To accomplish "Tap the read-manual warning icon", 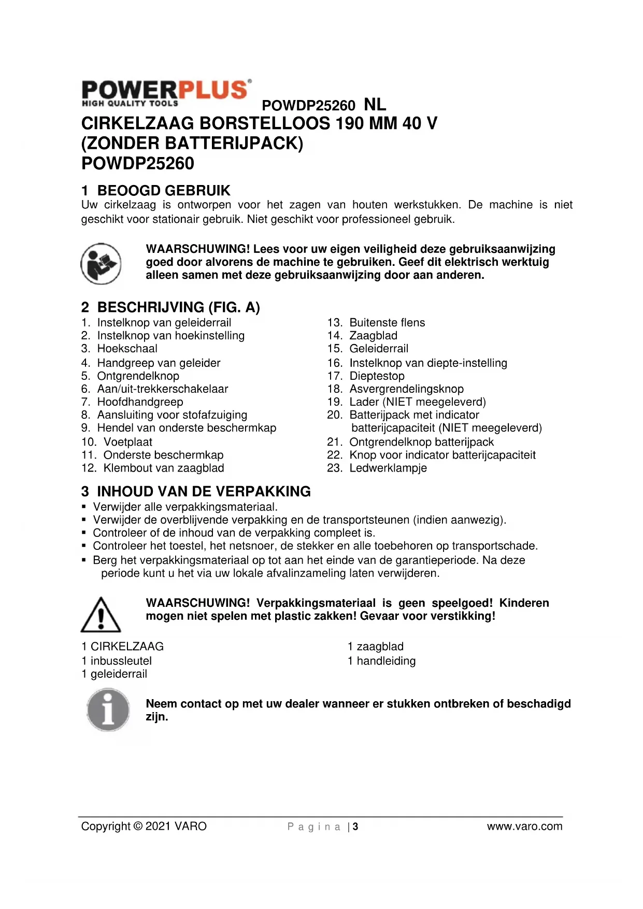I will pos(101,263).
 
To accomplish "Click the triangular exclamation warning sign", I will pos(101,615).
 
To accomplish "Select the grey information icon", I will pos(108,709).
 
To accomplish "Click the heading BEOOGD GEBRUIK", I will pos(163,190).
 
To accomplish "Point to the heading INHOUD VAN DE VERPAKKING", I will pos(204,491).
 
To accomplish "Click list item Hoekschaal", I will pos(127,349).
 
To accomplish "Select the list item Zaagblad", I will pos(373,336).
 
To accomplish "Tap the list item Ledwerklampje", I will pos(388,468).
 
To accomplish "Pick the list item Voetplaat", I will pos(127,442).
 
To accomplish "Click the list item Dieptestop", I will pos(377,376).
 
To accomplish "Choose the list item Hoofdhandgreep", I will pos(140,402).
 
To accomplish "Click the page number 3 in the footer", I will pos(355,827).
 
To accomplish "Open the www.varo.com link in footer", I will pos(524,826).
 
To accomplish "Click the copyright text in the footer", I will pos(144,826).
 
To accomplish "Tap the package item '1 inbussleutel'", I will pos(117,661).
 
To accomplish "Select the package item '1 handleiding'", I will pos(381,661).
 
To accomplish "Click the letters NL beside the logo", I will pos(375,104).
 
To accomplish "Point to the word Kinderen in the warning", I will pos(524,603).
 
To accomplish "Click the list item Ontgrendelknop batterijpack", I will pos(421,442).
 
